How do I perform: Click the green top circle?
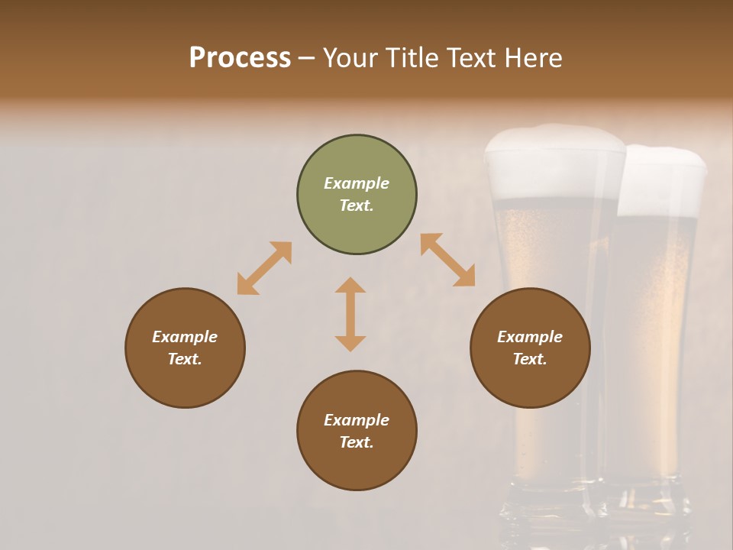pos(357,195)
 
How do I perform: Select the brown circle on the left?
pos(185,348)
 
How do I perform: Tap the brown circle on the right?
pos(530,348)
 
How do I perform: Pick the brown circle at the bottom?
pos(357,430)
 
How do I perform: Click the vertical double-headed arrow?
pos(350,314)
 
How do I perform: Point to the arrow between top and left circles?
pos(264,268)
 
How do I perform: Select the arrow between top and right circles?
pos(448,260)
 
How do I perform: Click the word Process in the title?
pos(240,58)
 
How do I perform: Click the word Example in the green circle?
pos(357,183)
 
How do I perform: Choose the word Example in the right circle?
pos(530,337)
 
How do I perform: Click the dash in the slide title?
pos(307,58)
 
